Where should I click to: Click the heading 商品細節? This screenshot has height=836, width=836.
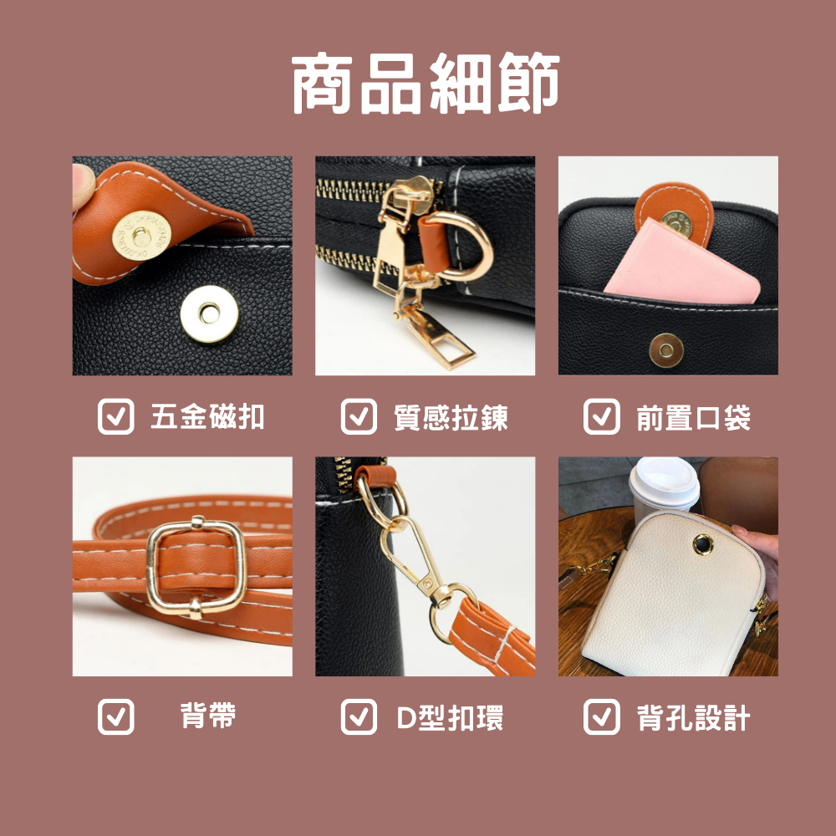(426, 83)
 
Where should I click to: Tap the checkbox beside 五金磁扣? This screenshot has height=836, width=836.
(115, 416)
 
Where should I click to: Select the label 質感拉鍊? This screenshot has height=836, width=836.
(451, 417)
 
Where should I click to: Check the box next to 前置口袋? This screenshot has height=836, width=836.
(601, 416)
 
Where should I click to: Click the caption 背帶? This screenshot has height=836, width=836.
(208, 716)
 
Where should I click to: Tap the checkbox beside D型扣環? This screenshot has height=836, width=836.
(359, 716)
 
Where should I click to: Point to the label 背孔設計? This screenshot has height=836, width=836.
(693, 717)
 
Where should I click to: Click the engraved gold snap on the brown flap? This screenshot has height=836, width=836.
(141, 235)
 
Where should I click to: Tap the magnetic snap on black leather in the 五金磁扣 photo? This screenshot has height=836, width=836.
(209, 313)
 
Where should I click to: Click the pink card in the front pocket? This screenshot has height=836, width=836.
(682, 264)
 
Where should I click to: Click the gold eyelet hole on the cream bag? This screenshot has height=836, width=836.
(703, 544)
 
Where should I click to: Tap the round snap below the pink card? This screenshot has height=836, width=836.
(666, 350)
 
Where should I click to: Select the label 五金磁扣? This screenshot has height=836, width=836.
(207, 416)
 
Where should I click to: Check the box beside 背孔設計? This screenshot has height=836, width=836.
(601, 716)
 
